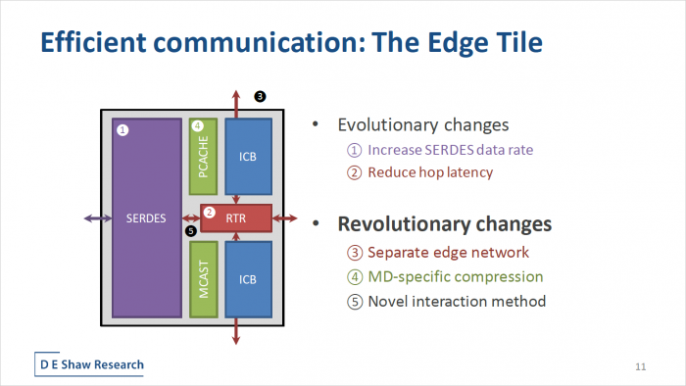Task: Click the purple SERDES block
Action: (x=147, y=217)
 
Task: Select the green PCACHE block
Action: (x=203, y=156)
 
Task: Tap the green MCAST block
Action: (x=203, y=279)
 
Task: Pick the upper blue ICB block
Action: (x=247, y=156)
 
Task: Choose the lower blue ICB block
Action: (x=247, y=279)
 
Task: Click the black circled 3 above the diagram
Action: (x=260, y=96)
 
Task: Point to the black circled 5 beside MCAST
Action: (x=190, y=231)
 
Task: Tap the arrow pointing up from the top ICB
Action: (x=236, y=101)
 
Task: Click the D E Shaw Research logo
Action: (x=90, y=364)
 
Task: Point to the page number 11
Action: (x=641, y=366)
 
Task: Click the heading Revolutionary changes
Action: (x=444, y=223)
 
